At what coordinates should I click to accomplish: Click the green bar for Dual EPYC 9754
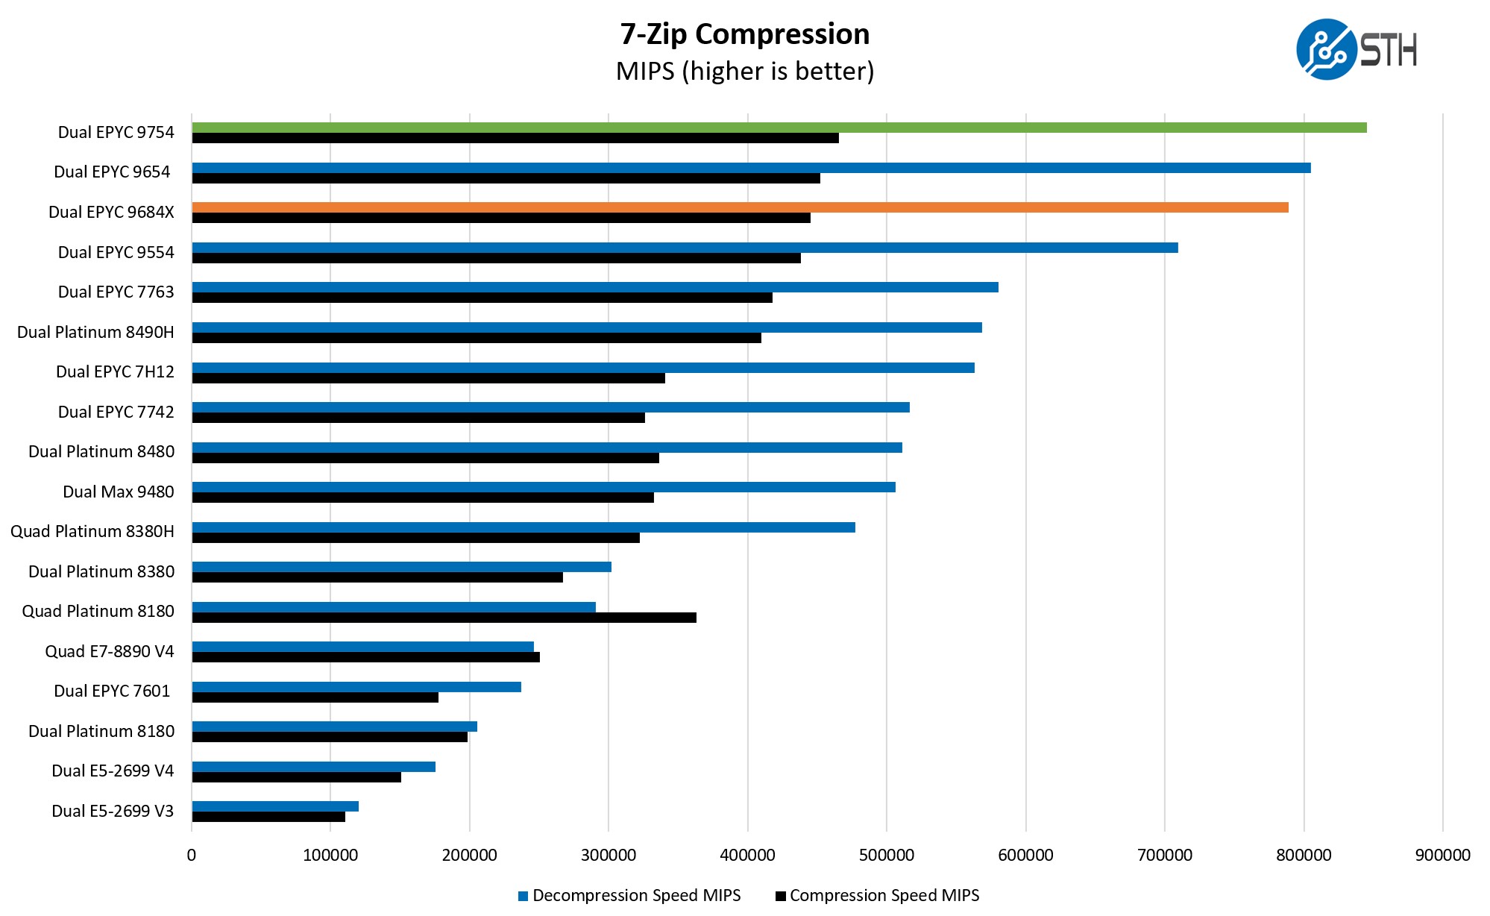point(779,128)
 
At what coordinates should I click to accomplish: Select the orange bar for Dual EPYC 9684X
point(740,207)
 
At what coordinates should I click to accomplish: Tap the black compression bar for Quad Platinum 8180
point(444,618)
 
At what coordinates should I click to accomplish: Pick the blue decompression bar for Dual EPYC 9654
point(751,168)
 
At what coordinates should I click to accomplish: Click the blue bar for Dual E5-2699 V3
point(275,806)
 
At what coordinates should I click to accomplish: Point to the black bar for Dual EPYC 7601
point(315,697)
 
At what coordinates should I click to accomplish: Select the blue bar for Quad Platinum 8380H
point(524,527)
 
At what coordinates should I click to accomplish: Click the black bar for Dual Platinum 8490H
point(477,338)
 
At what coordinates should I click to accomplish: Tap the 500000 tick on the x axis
point(886,855)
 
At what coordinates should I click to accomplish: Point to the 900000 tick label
point(1442,855)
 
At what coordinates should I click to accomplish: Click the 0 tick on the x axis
point(192,855)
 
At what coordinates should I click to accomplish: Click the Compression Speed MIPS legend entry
point(878,896)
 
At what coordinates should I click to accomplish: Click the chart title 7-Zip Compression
point(745,34)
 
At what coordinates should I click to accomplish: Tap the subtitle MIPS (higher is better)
point(745,72)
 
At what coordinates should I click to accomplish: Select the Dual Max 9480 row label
point(118,492)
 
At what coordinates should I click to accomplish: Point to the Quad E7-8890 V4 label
point(109,651)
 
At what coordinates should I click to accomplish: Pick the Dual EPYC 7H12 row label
point(115,371)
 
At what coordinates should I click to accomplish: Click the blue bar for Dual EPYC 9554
point(685,248)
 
